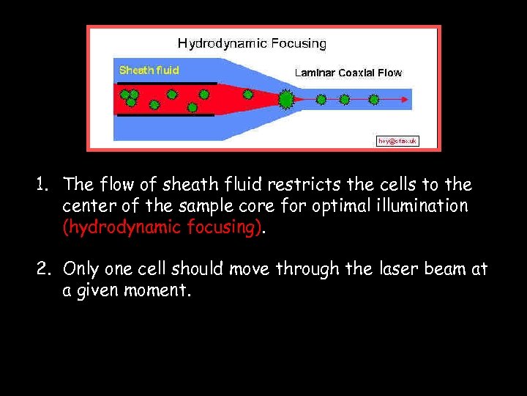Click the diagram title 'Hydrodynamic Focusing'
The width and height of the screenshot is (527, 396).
click(252, 43)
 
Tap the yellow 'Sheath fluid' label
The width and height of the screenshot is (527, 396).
click(149, 70)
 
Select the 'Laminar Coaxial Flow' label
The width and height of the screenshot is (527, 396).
click(348, 73)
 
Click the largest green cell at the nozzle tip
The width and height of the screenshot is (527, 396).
click(286, 98)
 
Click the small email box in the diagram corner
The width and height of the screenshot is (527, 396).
click(397, 140)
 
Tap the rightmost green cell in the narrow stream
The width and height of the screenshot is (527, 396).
click(373, 99)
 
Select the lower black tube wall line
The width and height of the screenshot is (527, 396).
click(165, 115)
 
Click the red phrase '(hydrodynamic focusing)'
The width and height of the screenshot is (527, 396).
click(162, 227)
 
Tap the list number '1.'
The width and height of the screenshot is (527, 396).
click(43, 184)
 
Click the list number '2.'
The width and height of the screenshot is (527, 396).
click(43, 269)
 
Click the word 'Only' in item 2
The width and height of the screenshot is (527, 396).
click(81, 269)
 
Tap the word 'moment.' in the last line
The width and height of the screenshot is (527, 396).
click(158, 290)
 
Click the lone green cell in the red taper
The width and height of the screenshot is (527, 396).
click(248, 95)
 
